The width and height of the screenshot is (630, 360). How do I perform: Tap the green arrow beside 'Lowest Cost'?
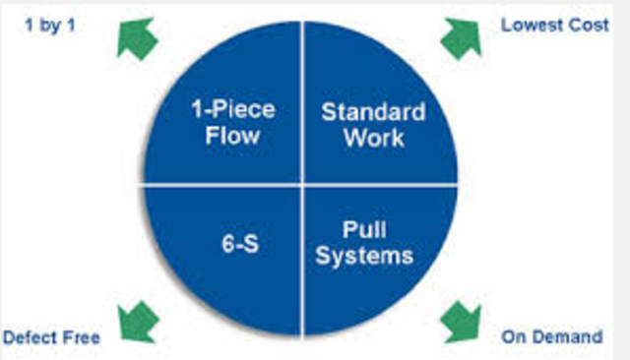coord(460,38)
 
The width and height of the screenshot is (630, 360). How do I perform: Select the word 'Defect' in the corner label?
coord(30,337)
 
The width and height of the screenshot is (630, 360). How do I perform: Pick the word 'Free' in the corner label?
coord(81,337)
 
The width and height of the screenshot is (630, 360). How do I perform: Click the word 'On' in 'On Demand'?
coord(512,337)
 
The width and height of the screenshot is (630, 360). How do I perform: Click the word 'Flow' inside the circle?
coord(232,136)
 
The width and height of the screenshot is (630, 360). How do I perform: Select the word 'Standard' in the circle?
coord(373,112)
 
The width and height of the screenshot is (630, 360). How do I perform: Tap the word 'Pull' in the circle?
coord(363,232)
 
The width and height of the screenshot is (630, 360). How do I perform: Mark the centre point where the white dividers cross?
coord(302,184)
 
